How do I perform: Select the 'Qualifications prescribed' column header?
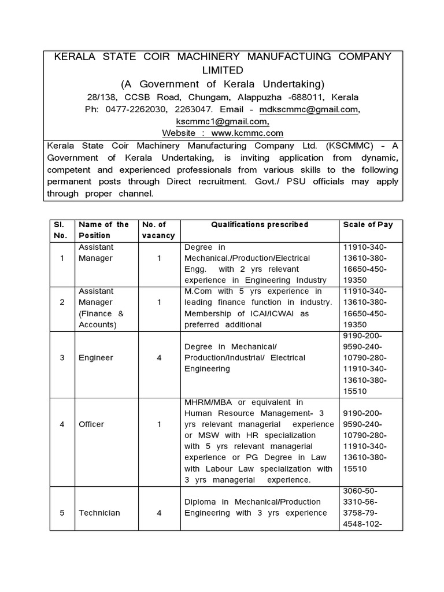tap(260, 224)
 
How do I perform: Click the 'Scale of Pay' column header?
tap(368, 224)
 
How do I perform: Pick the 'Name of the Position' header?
tap(104, 230)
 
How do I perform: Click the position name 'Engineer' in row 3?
tap(96, 358)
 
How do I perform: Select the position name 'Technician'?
tap(99, 513)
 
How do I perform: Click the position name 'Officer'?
tap(91, 424)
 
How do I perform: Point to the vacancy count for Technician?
tap(159, 513)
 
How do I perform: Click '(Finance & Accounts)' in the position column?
tap(101, 319)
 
